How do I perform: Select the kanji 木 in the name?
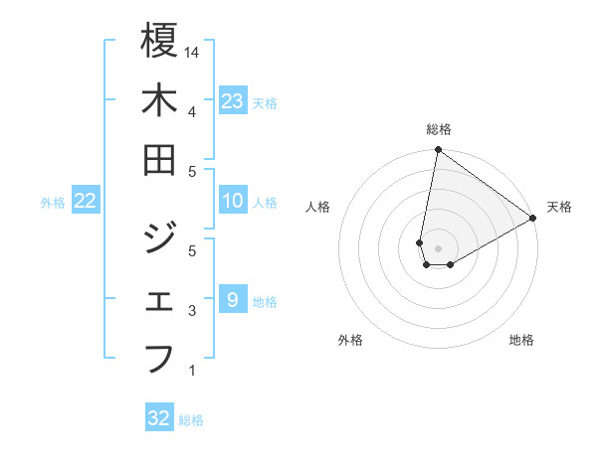coord(159,100)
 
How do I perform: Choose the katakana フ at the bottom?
coord(159,357)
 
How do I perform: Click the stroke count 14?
coord(194,51)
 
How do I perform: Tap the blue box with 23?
coord(233,101)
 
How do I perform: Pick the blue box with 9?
coord(233,300)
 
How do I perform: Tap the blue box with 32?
coord(159,419)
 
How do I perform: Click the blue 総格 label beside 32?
coord(191,420)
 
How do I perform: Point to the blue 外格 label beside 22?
coord(53,203)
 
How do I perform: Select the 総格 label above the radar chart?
coord(439,130)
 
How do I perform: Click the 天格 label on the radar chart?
coord(559,208)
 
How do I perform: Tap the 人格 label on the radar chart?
coord(318,208)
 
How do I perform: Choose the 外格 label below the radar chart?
coord(350,341)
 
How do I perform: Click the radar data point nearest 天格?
coord(533,219)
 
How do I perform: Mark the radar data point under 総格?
coord(437,151)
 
